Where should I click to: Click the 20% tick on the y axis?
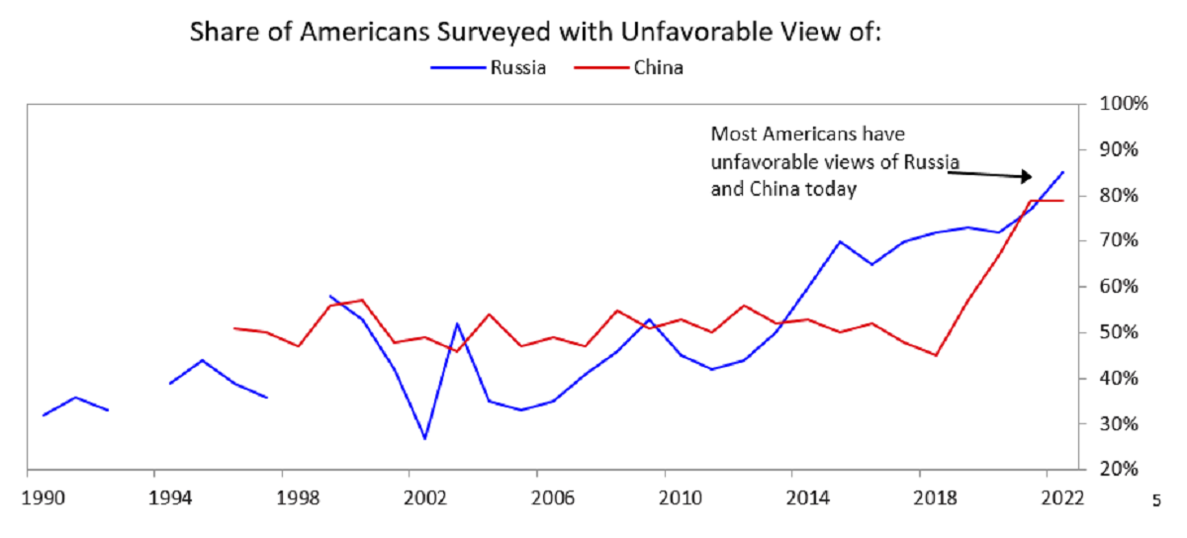pos(1124,469)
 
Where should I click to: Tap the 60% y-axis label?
pos(1124,287)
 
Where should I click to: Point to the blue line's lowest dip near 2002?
pos(425,438)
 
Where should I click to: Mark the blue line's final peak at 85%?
pos(1063,172)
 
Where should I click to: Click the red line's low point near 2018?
pos(936,355)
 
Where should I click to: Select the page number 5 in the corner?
pos(1156,501)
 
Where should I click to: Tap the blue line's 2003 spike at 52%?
pos(457,323)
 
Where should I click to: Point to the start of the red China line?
pos(233,327)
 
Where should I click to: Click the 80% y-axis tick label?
pos(1124,196)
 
